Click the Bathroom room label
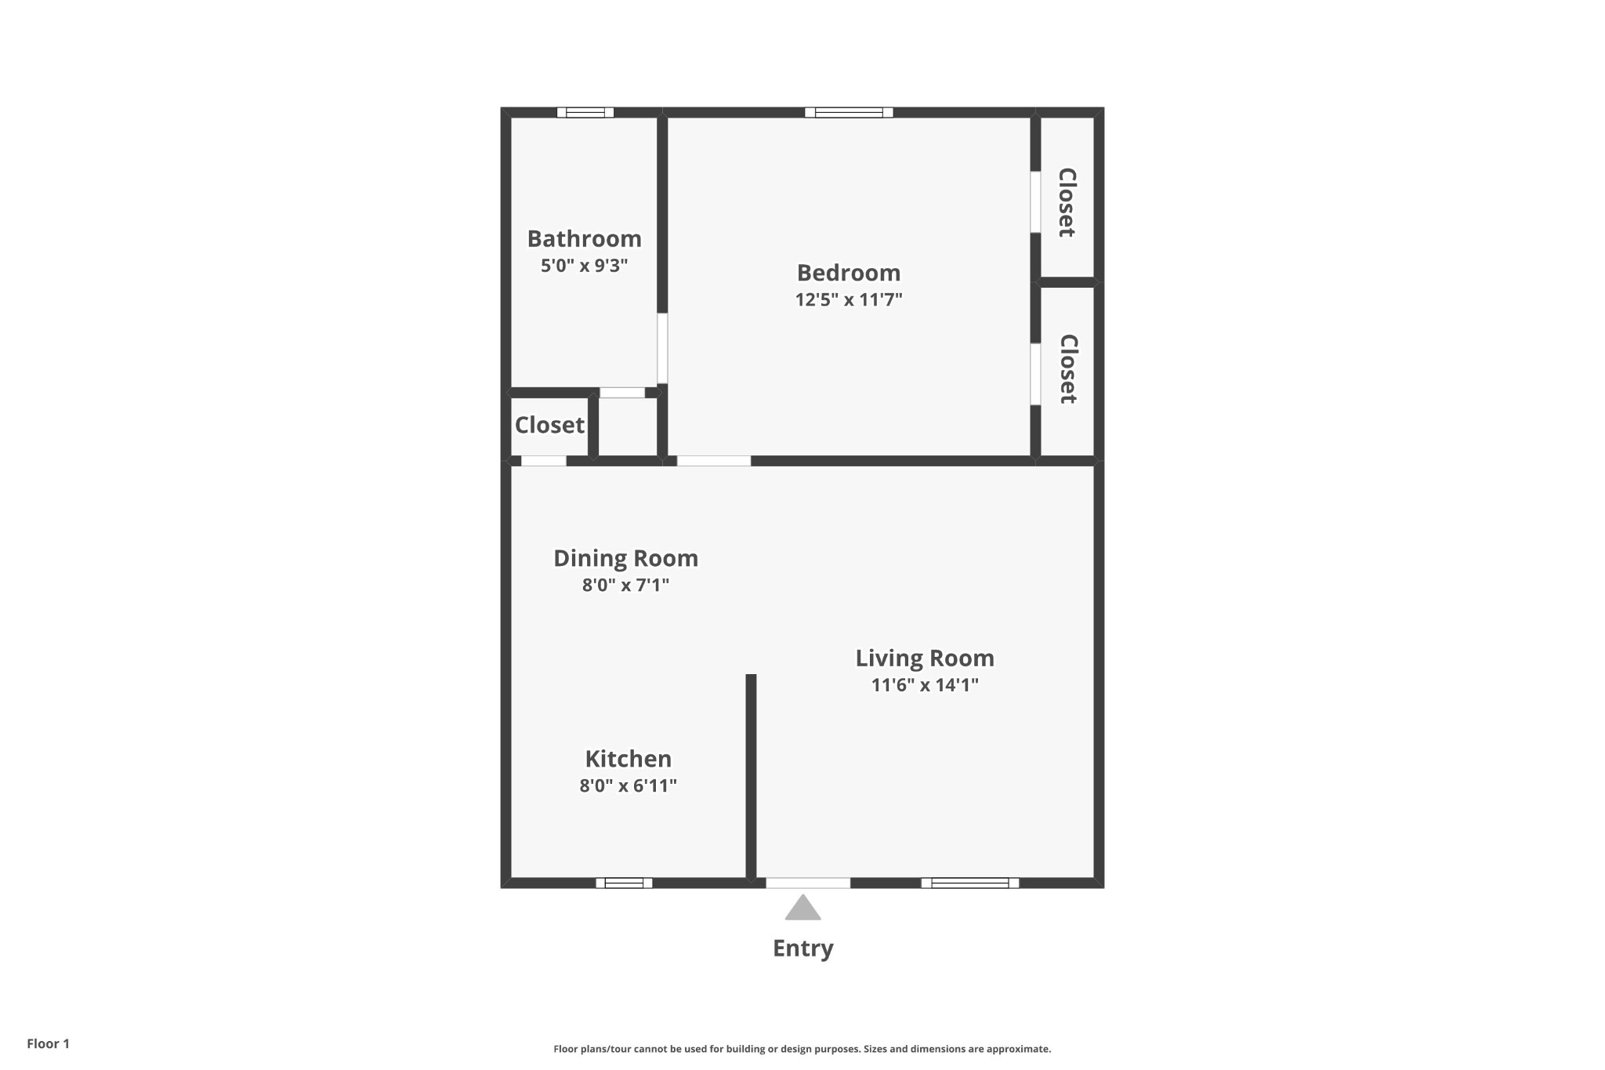click(584, 238)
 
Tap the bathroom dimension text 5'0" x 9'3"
click(585, 266)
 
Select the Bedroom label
click(849, 273)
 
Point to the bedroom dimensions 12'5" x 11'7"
click(849, 299)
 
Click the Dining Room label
click(625, 558)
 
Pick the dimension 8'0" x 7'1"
click(625, 585)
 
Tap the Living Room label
click(925, 658)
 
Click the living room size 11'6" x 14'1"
click(925, 685)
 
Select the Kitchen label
click(629, 759)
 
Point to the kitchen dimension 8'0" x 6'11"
click(629, 785)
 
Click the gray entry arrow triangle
click(803, 908)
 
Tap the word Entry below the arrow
click(803, 948)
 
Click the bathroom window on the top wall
click(585, 112)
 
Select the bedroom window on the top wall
click(849, 112)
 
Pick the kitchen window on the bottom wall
click(624, 883)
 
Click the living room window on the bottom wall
click(970, 883)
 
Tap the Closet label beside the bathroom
click(549, 425)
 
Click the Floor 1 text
click(49, 1043)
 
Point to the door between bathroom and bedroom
click(662, 349)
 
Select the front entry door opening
click(808, 883)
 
